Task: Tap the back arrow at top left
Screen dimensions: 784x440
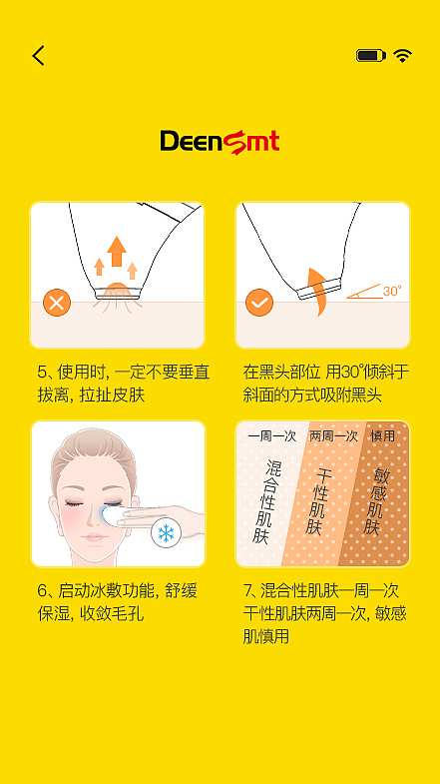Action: tap(39, 56)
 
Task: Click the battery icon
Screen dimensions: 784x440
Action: tap(370, 56)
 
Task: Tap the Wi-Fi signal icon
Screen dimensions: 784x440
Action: tap(403, 56)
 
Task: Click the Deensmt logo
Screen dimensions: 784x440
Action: tap(220, 142)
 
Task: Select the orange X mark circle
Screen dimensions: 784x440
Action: tap(57, 302)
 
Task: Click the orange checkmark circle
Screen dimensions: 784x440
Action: tap(259, 302)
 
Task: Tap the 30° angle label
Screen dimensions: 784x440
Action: tap(391, 292)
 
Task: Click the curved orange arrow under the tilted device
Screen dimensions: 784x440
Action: tap(316, 290)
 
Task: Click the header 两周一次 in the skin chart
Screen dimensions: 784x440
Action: tap(333, 436)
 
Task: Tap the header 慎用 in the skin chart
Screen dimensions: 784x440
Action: tap(384, 436)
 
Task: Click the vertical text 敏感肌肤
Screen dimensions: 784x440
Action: tap(377, 501)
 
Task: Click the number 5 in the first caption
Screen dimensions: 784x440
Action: tap(42, 372)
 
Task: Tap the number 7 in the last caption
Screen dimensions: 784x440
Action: tap(248, 590)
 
